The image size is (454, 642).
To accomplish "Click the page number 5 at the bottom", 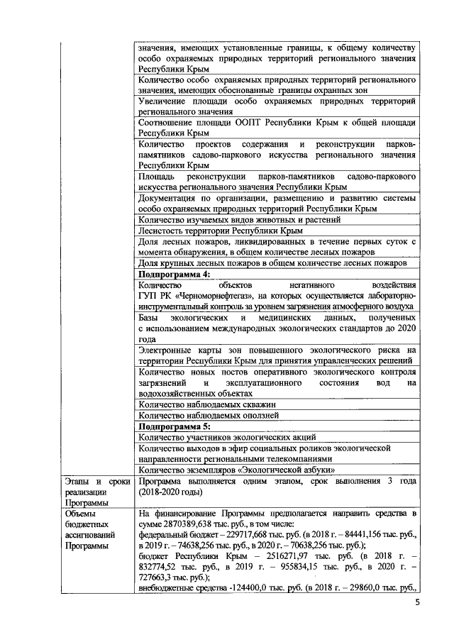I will click(x=417, y=604).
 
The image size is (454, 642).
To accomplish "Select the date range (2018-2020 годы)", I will click(x=174, y=491).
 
